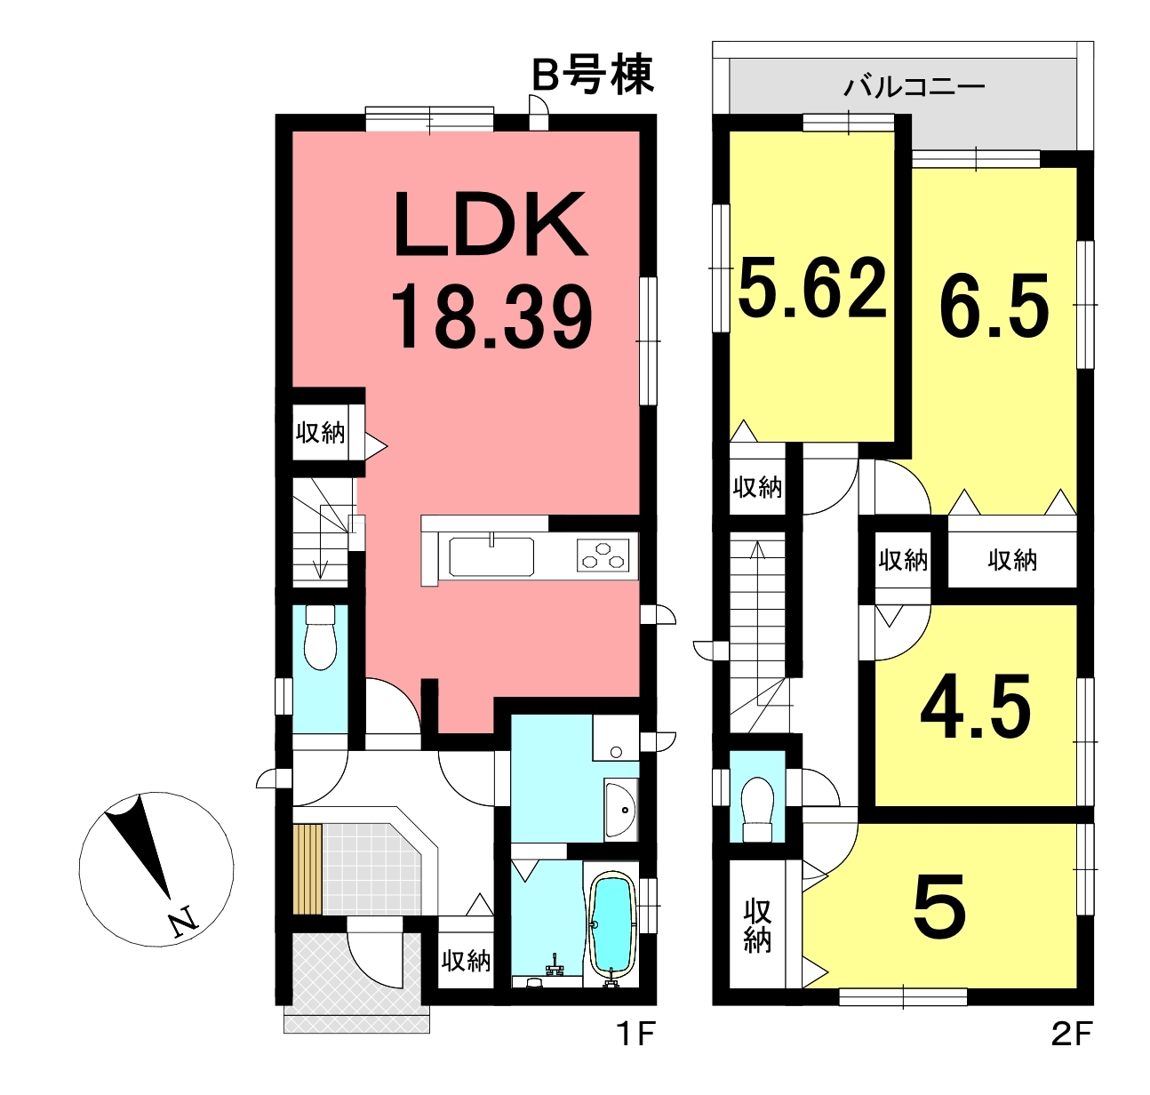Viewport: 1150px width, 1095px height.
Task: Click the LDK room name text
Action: point(491,224)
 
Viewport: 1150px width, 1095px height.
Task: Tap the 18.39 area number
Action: point(491,316)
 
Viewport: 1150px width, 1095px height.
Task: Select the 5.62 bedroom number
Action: point(812,288)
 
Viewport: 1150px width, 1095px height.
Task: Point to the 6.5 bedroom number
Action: point(994,306)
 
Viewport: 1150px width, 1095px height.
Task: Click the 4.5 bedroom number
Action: point(975,708)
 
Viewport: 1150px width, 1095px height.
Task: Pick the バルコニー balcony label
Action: point(914,88)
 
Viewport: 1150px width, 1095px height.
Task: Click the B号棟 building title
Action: point(592,75)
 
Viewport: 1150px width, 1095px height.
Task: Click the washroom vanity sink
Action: point(621,810)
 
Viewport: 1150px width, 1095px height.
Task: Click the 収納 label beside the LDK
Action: point(320,433)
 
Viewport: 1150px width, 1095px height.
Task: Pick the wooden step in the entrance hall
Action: point(308,869)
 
